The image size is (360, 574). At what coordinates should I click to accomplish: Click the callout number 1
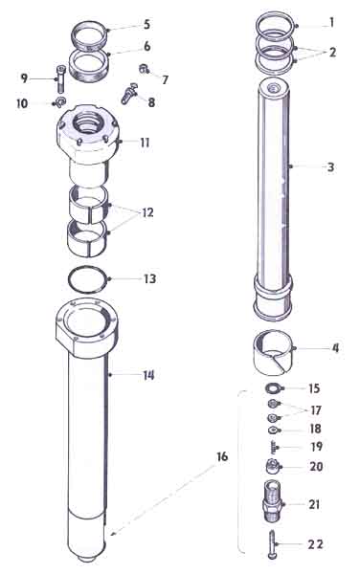[332, 23]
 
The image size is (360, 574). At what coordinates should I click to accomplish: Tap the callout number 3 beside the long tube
[330, 167]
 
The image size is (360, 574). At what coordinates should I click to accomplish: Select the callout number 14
[148, 375]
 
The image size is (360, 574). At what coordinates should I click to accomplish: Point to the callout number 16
[222, 456]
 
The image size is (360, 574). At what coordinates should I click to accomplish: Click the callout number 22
[315, 544]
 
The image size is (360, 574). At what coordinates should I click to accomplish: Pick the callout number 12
[147, 212]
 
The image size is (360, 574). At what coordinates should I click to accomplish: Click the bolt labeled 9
[60, 78]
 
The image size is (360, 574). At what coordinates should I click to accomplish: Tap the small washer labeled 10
[60, 101]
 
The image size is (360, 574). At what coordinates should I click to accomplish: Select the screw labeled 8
[129, 94]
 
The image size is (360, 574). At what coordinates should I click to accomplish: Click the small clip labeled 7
[144, 69]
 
